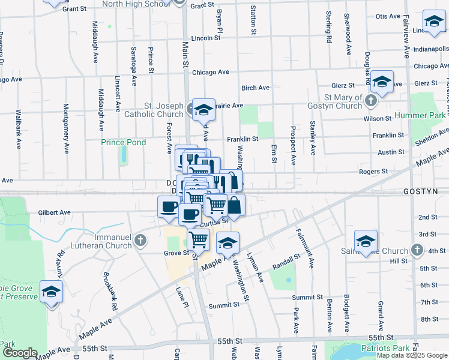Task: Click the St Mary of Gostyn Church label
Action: [343, 101]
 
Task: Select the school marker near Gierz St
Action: [382, 81]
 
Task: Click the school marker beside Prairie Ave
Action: [204, 109]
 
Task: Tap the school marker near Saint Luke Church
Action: [366, 241]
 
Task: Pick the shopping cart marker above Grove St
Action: [198, 239]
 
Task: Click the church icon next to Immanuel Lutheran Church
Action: [140, 242]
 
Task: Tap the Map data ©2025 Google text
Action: [412, 355]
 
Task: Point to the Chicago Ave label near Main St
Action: [211, 72]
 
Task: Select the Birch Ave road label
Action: [256, 88]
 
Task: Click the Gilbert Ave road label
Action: [55, 212]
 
